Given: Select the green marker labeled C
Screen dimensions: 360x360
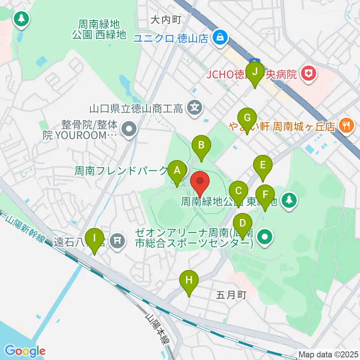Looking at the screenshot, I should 238,191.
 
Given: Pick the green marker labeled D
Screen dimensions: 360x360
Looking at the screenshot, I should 243,224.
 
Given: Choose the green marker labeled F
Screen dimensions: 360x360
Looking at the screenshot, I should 265,195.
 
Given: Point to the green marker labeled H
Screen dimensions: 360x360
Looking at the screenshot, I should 189,281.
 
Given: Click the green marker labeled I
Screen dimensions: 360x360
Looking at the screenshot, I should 94,239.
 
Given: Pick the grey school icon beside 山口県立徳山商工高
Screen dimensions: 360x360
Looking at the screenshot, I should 195,109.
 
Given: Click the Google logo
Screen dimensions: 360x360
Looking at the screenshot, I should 25,351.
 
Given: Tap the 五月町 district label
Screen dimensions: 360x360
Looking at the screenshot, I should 231,295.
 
